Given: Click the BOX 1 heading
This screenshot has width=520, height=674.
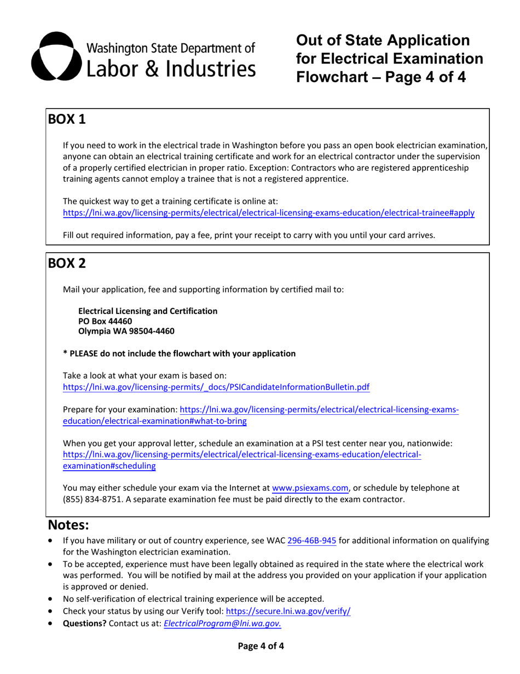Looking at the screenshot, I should coord(67,119).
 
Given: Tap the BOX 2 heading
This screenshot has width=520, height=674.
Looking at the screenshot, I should coord(67,263).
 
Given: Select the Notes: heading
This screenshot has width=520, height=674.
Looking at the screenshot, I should coord(68,525).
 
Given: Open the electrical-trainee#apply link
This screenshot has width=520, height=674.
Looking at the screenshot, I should coord(269,213).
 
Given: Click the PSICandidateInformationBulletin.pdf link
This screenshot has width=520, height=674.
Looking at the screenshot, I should coord(216,387).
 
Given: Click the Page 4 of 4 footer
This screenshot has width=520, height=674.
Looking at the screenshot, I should coord(261,646).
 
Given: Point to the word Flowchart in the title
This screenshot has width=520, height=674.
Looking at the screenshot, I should coord(333,77).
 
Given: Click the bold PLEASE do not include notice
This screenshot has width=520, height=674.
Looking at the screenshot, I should coord(180,353).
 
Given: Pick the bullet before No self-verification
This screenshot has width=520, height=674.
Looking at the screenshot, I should coord(51,599).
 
